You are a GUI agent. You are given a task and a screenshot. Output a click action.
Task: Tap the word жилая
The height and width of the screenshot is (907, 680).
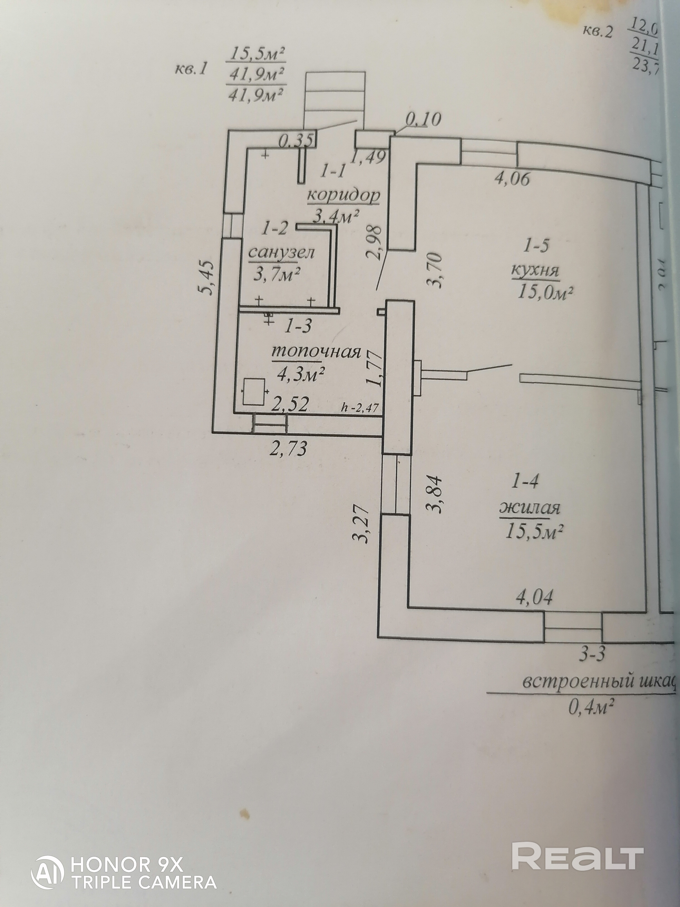529,508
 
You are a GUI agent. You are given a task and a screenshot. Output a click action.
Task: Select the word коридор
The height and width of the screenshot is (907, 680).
343,196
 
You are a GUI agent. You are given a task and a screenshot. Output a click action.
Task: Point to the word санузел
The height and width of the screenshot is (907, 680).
281,253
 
